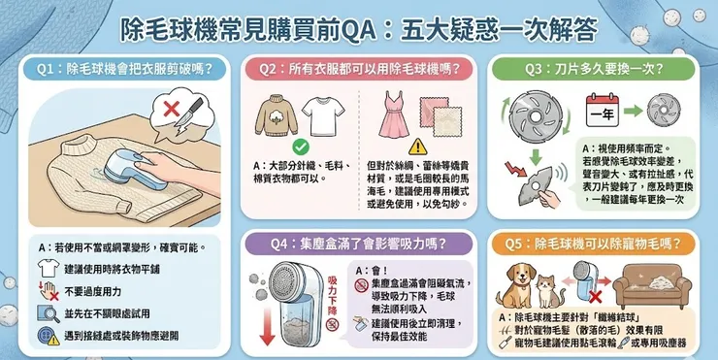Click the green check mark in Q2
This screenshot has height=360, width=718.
(x=301, y=147)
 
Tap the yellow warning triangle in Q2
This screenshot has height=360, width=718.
(x=418, y=147)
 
